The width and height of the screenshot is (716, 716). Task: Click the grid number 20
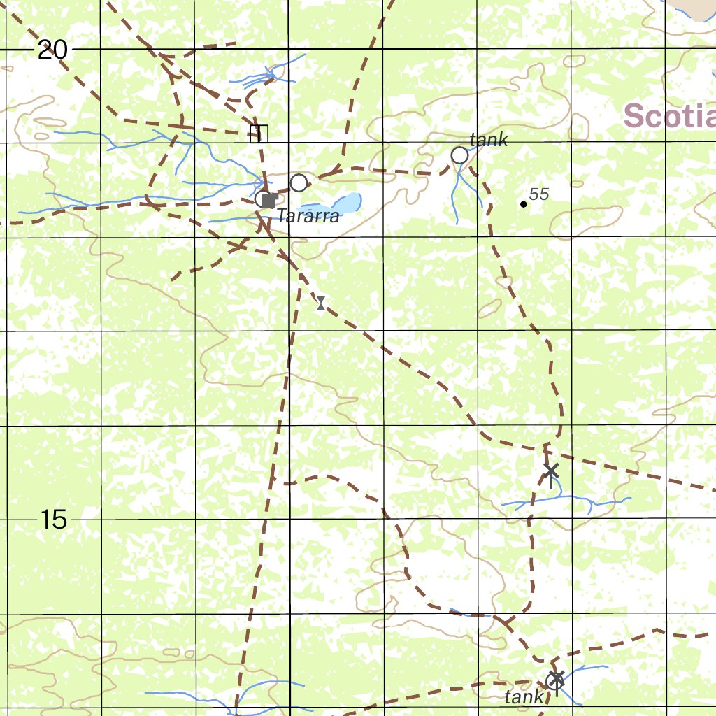pos(52,50)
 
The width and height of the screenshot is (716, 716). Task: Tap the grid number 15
pos(54,520)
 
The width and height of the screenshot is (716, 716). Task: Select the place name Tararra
pos(308,216)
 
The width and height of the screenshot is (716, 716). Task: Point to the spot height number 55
pos(539,194)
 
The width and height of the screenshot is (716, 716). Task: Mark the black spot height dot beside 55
pos(523,204)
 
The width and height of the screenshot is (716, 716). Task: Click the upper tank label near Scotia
pos(489,140)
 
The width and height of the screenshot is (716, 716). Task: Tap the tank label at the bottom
pos(524,696)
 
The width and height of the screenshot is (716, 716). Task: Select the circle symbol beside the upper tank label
pos(459,155)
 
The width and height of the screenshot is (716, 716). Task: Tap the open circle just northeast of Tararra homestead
pos(299,183)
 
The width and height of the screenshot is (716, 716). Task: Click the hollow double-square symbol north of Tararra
pos(259,134)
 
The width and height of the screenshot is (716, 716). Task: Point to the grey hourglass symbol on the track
pos(320,303)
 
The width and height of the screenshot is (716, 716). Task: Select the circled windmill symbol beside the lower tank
pos(555,679)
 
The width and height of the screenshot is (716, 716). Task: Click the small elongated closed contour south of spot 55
pos(489,308)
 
